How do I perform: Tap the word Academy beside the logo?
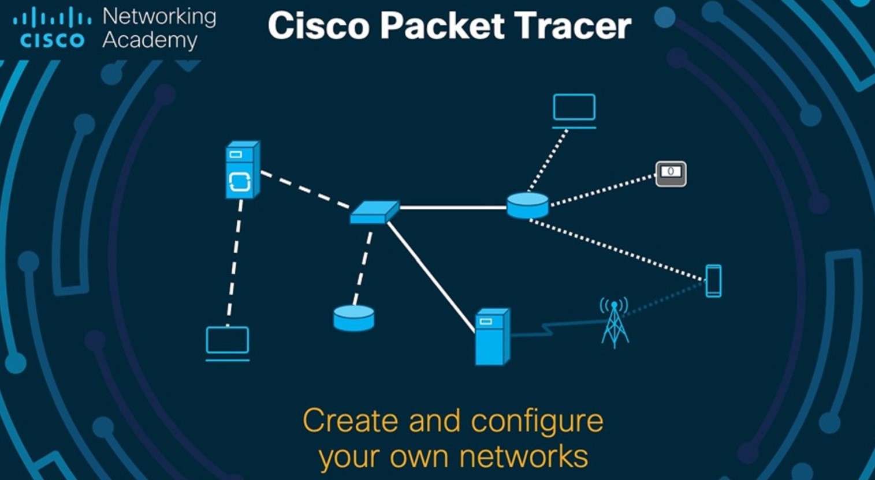click(x=150, y=40)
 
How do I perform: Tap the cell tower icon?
click(x=614, y=323)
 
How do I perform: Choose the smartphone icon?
click(x=714, y=281)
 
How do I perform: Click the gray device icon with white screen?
click(x=671, y=173)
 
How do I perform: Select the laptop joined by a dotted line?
click(x=574, y=110)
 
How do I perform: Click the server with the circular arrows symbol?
click(x=241, y=170)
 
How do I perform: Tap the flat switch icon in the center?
click(x=374, y=212)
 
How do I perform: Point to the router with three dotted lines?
click(x=528, y=205)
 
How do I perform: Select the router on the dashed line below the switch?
click(x=353, y=318)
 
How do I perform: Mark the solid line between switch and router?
click(x=453, y=207)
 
